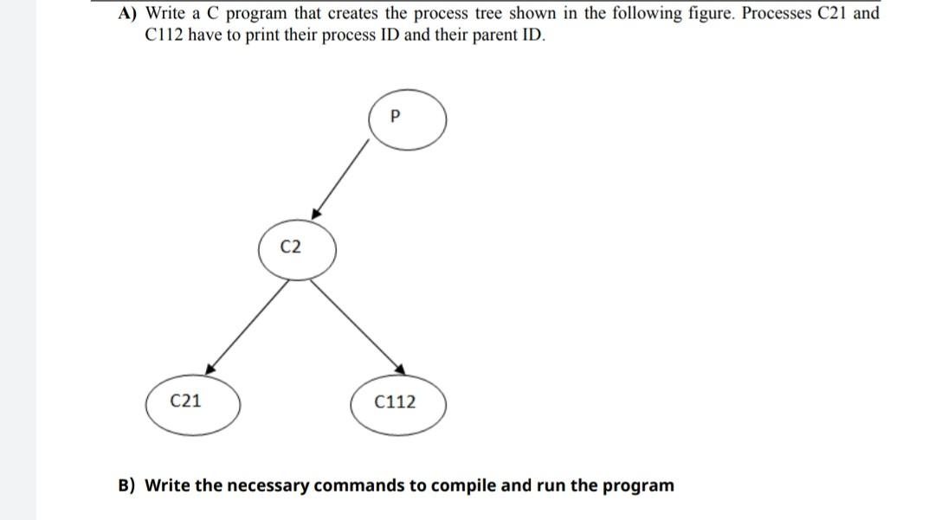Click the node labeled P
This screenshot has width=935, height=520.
407,119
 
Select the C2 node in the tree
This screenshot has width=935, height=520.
293,248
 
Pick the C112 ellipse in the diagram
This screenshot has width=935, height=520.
397,402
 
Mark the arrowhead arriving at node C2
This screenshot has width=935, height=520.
316,213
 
